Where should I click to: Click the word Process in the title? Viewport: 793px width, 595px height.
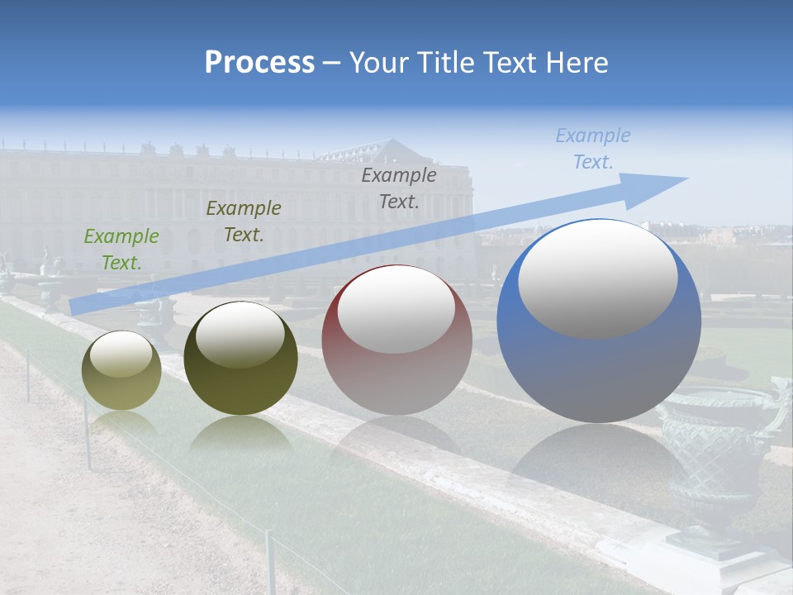[x=259, y=63]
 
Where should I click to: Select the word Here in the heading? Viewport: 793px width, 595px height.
[x=576, y=63]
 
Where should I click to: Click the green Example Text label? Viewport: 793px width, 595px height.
[x=121, y=250]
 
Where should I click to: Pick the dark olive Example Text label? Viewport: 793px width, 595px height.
[x=244, y=221]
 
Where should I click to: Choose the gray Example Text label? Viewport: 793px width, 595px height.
[x=399, y=188]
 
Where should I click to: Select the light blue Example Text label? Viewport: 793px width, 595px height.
[x=593, y=149]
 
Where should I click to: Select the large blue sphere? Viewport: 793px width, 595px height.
[x=599, y=372]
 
